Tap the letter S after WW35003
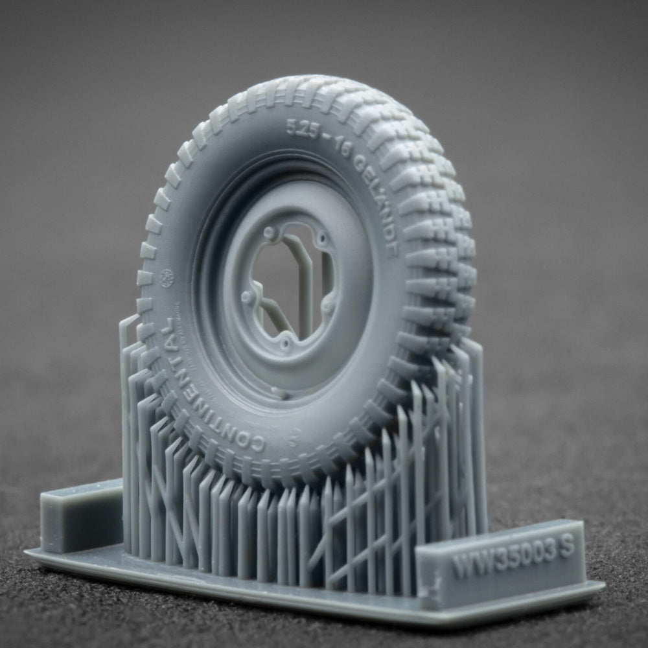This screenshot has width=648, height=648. (566, 548)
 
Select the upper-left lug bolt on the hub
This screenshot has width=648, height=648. (270, 231)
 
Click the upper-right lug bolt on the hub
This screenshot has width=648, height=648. (321, 246)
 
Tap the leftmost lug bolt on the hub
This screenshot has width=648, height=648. (246, 299)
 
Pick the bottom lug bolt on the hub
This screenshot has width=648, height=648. (284, 342)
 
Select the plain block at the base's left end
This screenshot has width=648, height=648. (80, 516)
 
